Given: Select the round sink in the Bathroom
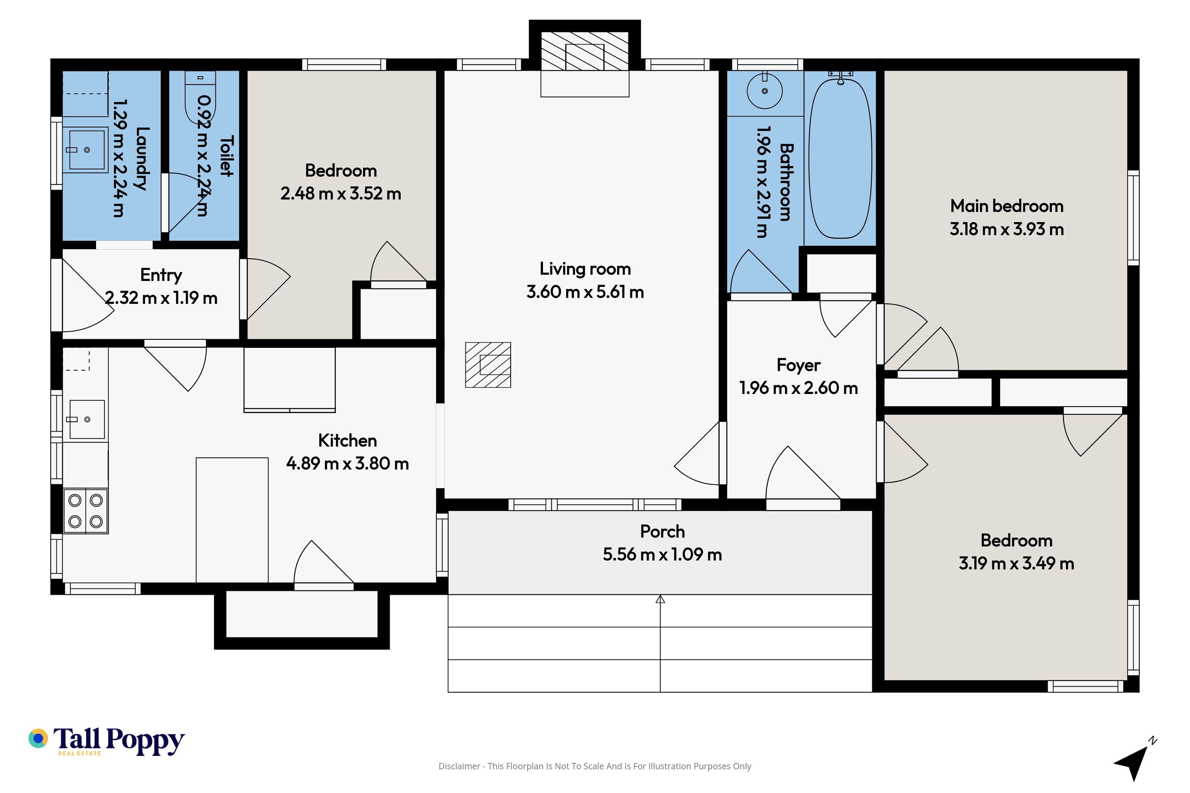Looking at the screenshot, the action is [765, 91].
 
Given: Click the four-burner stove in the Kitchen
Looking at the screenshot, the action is [86, 511].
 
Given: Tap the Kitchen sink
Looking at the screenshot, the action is [86, 419].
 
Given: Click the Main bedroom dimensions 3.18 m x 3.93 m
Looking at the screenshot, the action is [1007, 229].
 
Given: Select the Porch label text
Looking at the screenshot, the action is [662, 532].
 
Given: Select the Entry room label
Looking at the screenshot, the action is [161, 275].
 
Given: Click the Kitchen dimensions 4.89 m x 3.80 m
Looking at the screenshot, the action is [348, 463].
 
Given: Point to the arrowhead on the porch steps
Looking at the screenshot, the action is [660, 599].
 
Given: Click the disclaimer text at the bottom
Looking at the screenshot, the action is [595, 766].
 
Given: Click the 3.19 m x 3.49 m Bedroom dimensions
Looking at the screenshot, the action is [1016, 563].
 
